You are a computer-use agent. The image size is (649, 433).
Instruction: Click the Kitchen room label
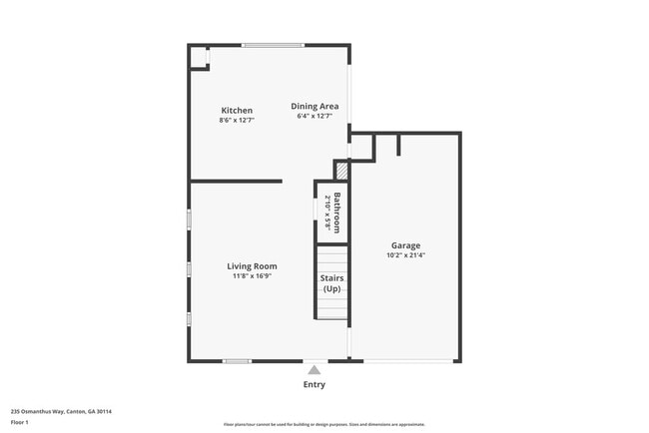236,110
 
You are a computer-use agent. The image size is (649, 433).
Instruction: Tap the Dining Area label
315,106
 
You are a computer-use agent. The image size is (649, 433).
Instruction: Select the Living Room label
252,266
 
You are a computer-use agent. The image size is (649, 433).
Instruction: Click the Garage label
405,244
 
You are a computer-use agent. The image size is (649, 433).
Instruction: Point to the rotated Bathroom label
337,212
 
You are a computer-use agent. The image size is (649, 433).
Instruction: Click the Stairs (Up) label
331,283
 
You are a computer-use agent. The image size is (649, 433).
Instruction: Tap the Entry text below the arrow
314,384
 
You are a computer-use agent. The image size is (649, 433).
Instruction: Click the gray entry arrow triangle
314,369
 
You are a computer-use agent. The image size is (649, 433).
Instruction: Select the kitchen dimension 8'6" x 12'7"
237,121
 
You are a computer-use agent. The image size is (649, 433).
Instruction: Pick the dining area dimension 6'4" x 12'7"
315,117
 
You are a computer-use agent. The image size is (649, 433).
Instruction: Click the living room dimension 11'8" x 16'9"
252,276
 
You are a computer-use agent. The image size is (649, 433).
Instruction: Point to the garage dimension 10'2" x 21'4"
405,255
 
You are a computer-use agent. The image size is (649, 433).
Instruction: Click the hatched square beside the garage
340,171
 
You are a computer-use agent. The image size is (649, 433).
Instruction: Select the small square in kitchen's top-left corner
198,57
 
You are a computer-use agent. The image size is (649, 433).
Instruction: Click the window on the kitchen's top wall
274,45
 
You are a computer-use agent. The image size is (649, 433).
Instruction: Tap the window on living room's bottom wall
237,360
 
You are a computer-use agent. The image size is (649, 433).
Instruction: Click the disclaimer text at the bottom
324,424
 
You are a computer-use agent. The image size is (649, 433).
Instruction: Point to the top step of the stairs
331,250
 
